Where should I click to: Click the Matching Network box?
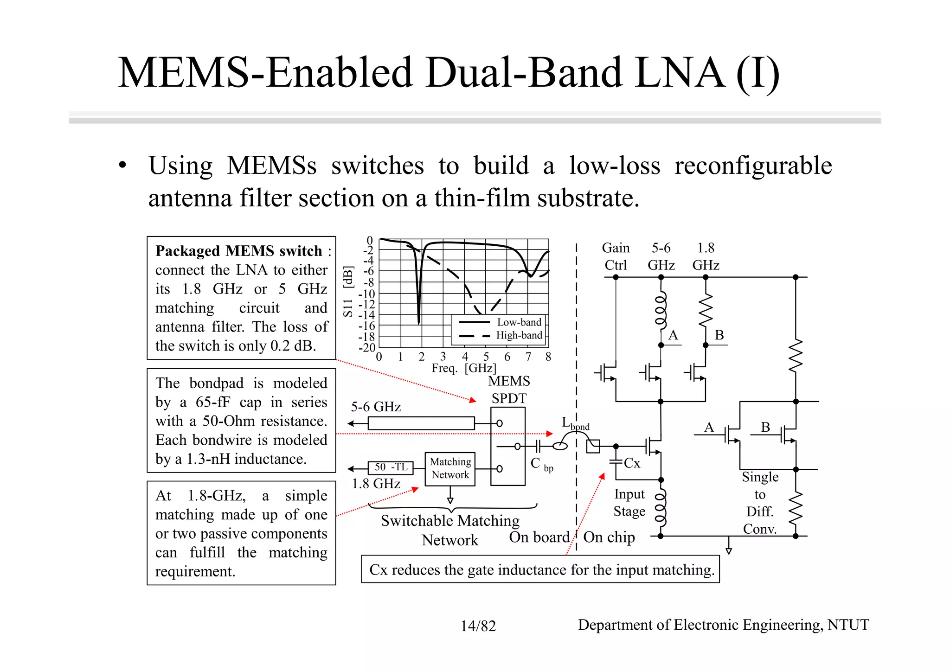(450, 469)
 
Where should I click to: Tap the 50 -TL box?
(391, 467)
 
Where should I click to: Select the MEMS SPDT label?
(509, 390)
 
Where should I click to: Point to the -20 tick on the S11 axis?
(367, 347)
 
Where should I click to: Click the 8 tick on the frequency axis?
(548, 357)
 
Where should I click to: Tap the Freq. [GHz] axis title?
(463, 368)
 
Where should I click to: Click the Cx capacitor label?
(632, 463)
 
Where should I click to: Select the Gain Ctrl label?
(616, 256)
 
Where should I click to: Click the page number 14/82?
(478, 626)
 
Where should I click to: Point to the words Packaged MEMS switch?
(238, 251)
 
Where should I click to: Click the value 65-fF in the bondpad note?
(212, 402)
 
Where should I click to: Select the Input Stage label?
(629, 503)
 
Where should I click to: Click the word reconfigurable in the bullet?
(753, 166)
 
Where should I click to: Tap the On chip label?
(609, 537)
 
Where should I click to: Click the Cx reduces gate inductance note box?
(540, 569)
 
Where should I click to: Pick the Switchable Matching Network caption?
(449, 530)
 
